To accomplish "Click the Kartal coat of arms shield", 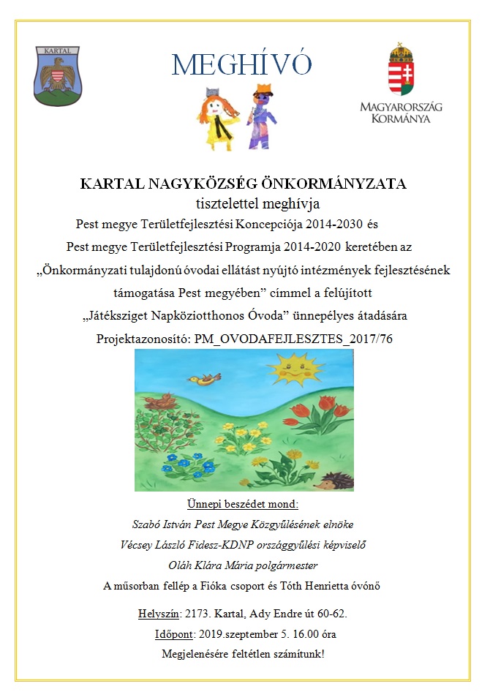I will point(58,76).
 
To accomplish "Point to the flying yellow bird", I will point(204,378).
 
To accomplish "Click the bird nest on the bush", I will point(161,402).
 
